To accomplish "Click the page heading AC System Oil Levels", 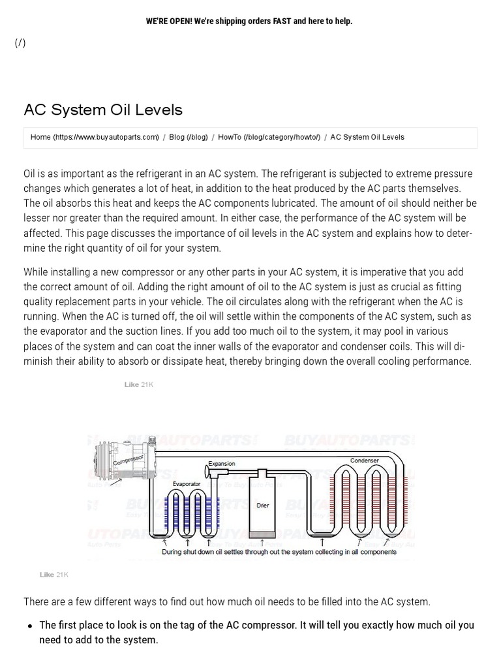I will (103, 109).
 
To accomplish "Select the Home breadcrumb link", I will (95, 137).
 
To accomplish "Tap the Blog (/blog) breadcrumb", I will (188, 137).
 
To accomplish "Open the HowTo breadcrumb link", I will (269, 137).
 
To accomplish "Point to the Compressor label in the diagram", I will (128, 461).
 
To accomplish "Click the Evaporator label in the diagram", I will (187, 484).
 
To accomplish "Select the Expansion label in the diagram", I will (222, 464).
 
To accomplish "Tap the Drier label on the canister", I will (263, 506).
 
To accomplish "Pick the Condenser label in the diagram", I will (364, 461).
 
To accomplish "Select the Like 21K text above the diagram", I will (139, 385).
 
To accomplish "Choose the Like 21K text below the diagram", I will (54, 575).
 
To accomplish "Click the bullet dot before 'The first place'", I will (30, 626).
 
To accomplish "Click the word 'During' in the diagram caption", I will (173, 552).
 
